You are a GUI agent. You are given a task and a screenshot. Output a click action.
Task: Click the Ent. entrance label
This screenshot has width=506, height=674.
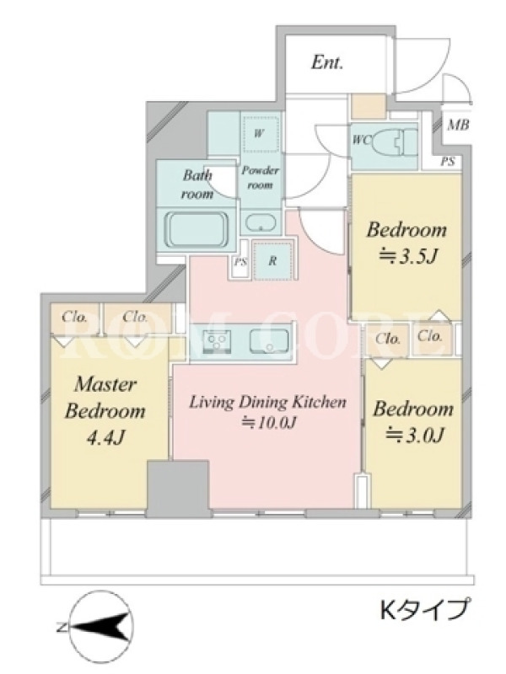tap(327, 62)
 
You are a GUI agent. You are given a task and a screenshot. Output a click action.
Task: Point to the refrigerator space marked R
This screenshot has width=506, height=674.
tap(273, 260)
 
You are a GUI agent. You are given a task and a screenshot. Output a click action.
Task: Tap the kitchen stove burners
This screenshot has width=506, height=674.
tap(217, 340)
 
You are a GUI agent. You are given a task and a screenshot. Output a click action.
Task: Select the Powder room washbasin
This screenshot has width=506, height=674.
tap(261, 223)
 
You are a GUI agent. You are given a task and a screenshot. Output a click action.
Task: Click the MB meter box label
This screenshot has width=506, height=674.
tap(457, 125)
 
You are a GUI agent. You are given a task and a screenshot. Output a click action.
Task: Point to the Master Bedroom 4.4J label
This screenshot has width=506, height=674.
tap(105, 410)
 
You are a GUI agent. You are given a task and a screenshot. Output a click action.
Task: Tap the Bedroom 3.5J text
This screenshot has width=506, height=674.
tap(406, 243)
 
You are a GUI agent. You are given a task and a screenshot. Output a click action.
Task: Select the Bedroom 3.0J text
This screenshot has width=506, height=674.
tap(412, 421)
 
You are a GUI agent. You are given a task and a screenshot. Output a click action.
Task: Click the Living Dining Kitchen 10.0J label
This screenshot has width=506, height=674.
tap(268, 412)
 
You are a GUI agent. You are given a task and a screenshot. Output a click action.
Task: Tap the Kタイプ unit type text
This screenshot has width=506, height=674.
tap(423, 609)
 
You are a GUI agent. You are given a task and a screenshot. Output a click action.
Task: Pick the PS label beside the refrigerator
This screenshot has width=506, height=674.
tap(240, 261)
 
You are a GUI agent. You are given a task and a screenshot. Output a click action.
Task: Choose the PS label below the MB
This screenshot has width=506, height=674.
tap(448, 162)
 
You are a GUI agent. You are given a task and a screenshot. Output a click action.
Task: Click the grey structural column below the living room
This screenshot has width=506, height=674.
tap(178, 489)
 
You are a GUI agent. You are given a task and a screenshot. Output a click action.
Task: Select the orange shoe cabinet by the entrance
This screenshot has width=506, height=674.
tap(369, 107)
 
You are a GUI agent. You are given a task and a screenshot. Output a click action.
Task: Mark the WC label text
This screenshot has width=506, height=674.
tap(361, 140)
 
